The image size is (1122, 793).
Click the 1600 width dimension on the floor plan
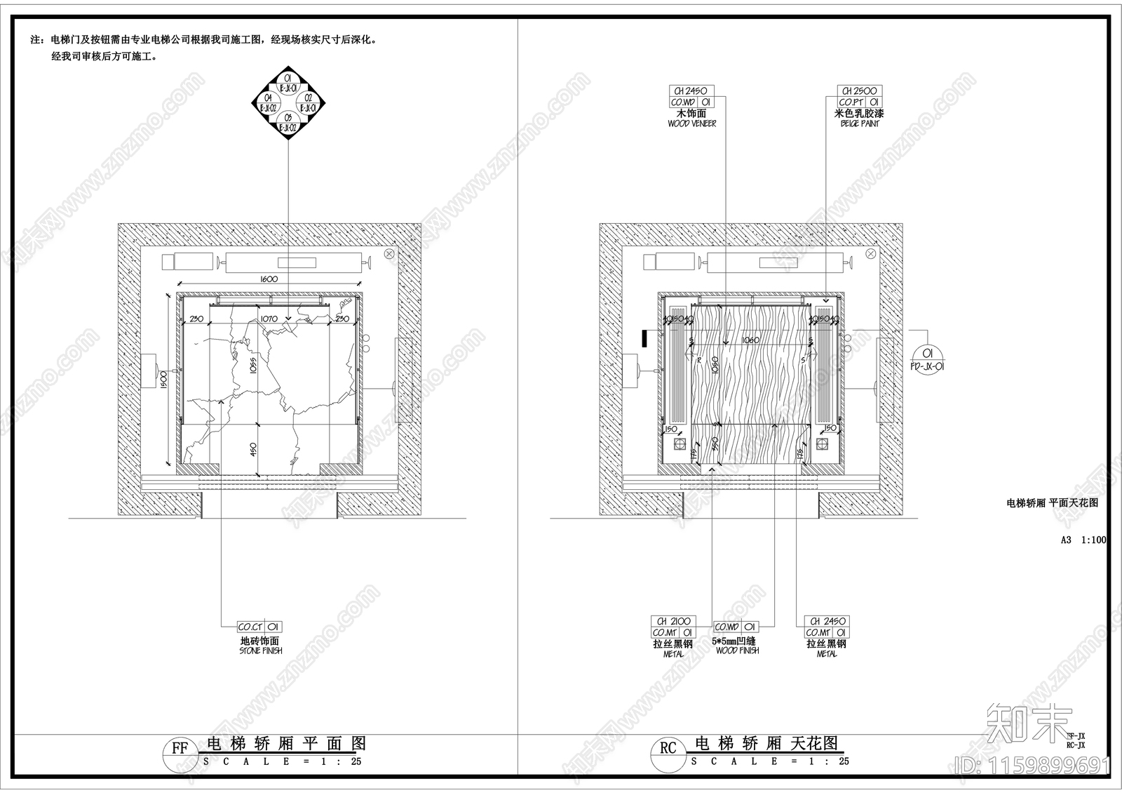pos(269,279)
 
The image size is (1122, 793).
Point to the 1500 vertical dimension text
pos(163,380)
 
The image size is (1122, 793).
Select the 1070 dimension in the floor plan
pos(269,319)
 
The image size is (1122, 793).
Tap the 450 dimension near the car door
pos(255,448)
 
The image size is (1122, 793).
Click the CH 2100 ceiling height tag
pos(674,621)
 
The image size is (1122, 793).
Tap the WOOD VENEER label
pos(691,124)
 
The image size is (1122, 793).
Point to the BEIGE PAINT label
pos(860,124)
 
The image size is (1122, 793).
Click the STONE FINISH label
pos(260,651)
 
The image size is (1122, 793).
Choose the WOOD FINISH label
pos(737,651)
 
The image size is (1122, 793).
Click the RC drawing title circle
pos(668,748)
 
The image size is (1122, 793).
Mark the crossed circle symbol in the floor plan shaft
pos(389,253)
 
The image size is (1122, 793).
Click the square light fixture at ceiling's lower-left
pos(679,444)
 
